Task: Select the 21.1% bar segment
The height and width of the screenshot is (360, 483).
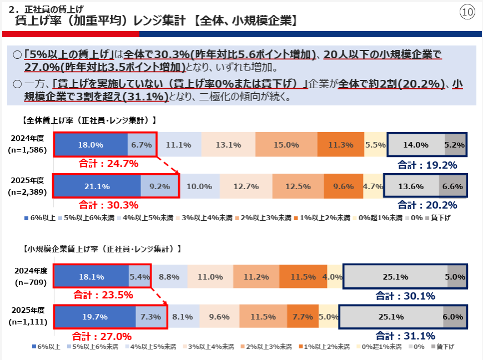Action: tap(97, 186)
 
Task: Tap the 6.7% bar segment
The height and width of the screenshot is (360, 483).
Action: tap(142, 145)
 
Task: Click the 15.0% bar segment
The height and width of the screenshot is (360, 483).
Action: tap(286, 145)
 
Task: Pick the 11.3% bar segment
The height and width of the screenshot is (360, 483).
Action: tap(341, 145)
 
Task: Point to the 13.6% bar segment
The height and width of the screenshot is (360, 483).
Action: tap(411, 186)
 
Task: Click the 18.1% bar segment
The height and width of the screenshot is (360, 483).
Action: tap(91, 276)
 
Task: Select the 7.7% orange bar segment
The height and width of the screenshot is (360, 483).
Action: tap(303, 317)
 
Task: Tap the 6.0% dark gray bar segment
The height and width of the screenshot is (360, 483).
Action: tap(453, 317)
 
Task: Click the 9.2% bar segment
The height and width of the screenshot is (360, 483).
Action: tap(159, 186)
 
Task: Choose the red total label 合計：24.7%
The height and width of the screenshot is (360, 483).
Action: tap(109, 164)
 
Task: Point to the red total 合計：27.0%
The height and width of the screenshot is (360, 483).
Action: tap(102, 336)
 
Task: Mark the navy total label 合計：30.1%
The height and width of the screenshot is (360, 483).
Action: tap(405, 296)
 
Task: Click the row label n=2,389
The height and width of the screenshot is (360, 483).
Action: tap(27, 192)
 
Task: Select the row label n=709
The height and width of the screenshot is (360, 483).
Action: tap(27, 282)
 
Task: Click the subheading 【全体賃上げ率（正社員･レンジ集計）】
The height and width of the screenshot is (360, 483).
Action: tap(89, 119)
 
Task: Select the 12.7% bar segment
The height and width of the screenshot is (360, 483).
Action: tap(246, 186)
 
